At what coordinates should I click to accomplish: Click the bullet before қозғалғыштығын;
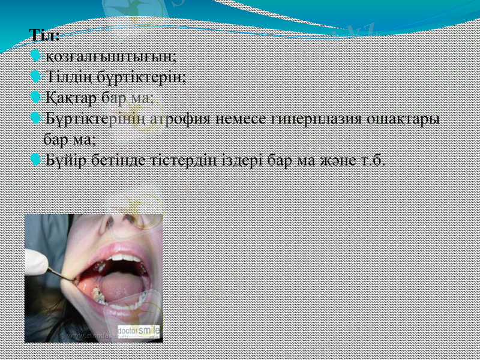(35, 57)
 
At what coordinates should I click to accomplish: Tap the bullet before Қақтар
(35, 97)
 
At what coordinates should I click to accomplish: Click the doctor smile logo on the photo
(139, 331)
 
